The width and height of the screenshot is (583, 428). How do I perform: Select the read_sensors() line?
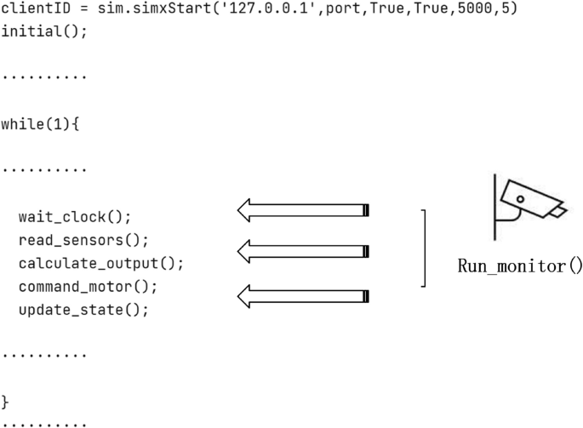[x=83, y=240]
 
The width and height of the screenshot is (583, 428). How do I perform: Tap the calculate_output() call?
[x=100, y=263]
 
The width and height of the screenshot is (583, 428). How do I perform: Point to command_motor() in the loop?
[x=88, y=286]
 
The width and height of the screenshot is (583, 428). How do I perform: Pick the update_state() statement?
[x=83, y=309]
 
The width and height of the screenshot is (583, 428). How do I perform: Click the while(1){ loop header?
[x=40, y=124]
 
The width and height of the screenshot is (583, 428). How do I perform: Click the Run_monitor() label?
[x=520, y=265]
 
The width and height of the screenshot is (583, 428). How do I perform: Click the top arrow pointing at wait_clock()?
[x=302, y=210]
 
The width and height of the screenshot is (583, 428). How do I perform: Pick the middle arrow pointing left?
[x=302, y=251]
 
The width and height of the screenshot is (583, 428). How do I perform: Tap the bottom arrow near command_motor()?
[x=302, y=296]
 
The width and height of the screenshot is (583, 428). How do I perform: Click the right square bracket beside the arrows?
[x=423, y=248]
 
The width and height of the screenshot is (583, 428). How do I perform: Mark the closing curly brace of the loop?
[x=6, y=401]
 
